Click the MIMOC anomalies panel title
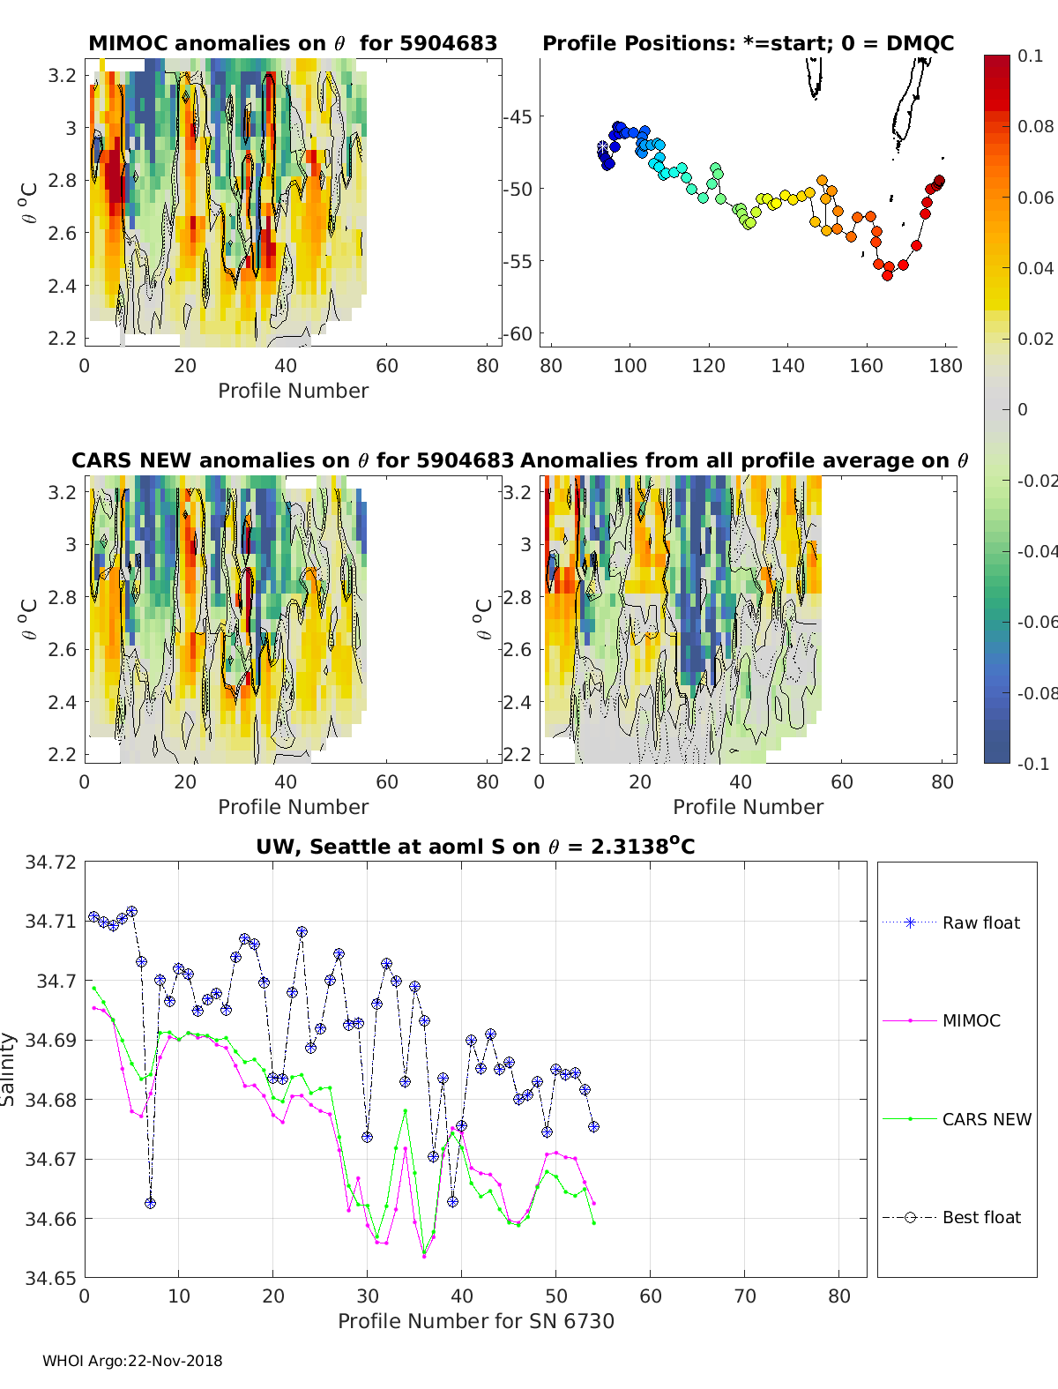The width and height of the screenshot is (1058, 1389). tap(293, 43)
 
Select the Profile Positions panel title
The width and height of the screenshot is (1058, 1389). tap(748, 43)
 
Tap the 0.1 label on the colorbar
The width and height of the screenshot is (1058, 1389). tap(1030, 56)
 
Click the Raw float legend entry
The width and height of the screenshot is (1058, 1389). tap(980, 922)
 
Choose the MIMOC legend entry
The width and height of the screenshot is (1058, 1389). tap(971, 1020)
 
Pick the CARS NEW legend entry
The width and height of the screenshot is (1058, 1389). tap(986, 1119)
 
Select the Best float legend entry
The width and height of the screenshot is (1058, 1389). tap(980, 1217)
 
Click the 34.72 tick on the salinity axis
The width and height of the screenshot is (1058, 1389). tap(50, 862)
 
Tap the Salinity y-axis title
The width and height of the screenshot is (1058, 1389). tap(9, 1069)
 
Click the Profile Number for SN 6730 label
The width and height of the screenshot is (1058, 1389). tap(475, 1320)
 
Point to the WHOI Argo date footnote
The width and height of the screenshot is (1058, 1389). tap(132, 1361)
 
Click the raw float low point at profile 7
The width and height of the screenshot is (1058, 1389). tap(151, 1203)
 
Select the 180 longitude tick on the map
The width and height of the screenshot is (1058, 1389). tap(945, 365)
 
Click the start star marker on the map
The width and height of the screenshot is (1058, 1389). tap(603, 147)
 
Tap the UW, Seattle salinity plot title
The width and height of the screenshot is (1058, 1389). tap(475, 847)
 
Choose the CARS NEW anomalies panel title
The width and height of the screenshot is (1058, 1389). tap(293, 460)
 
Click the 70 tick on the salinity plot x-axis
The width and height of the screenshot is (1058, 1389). tap(745, 1296)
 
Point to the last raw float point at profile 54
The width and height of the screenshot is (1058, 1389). tap(593, 1126)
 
